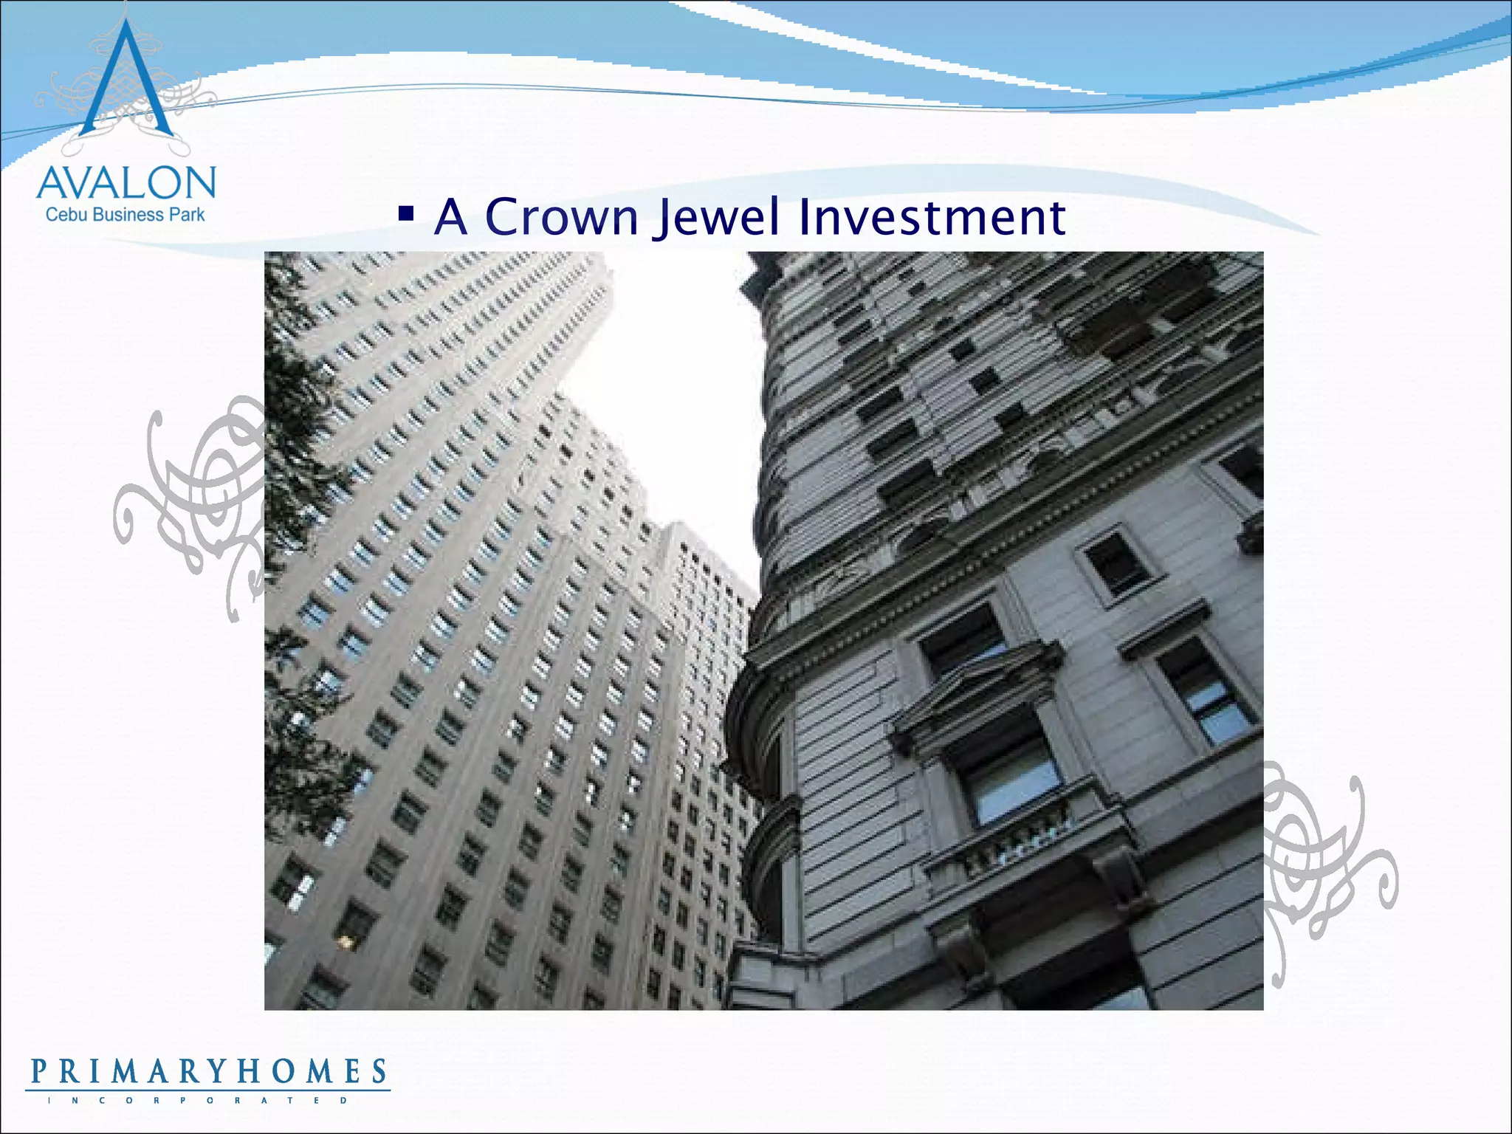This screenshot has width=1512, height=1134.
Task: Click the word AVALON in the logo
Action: tap(126, 183)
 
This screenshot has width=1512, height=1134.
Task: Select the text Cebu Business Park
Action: tap(126, 215)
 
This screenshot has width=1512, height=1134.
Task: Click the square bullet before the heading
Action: tap(405, 214)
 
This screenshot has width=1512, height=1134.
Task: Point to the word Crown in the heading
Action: tap(561, 217)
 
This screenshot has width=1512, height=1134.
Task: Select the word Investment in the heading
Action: tap(932, 217)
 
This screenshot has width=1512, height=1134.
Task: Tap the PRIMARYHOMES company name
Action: tap(208, 1071)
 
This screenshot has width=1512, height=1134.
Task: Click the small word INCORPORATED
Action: tap(198, 1101)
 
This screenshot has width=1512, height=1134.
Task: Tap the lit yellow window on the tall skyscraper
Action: tap(345, 941)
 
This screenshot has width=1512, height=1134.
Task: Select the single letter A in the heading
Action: tap(451, 217)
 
